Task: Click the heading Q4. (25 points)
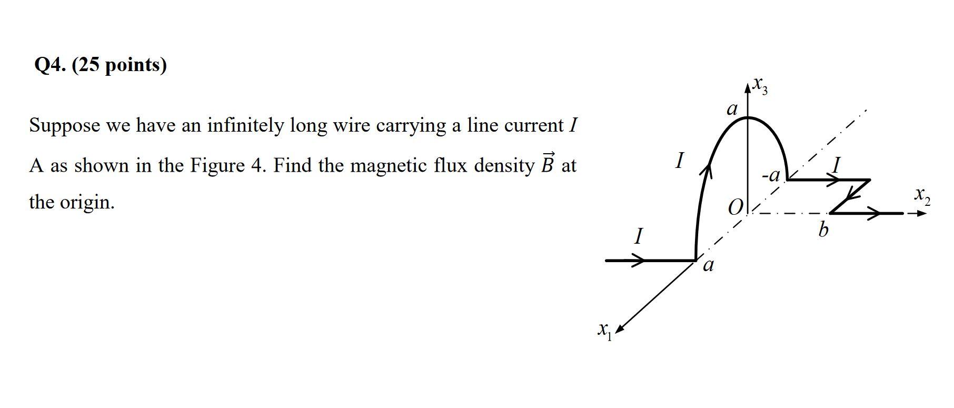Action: [100, 65]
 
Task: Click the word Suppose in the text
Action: [64, 126]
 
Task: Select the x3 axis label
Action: [760, 85]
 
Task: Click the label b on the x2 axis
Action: [823, 230]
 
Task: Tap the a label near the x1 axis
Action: [709, 265]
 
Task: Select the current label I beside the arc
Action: [680, 161]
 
